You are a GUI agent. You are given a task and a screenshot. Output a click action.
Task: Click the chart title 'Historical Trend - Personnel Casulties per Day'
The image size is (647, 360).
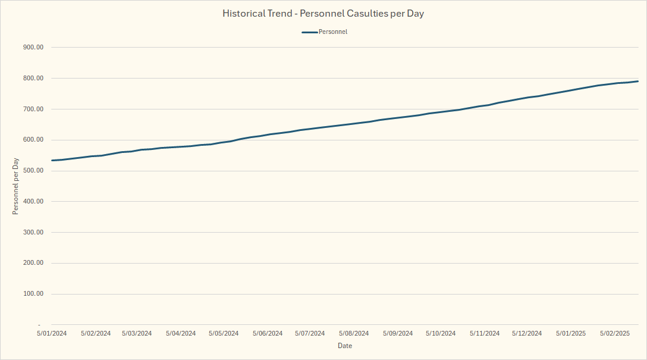point(323,13)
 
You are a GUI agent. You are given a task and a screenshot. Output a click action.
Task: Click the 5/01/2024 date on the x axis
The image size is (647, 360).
point(51,334)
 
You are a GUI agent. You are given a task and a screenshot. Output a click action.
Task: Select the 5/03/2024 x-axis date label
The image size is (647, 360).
point(137,334)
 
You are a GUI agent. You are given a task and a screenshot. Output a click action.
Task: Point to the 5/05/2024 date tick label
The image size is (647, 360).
point(224,334)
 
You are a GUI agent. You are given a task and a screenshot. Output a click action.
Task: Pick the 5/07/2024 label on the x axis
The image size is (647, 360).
point(310,334)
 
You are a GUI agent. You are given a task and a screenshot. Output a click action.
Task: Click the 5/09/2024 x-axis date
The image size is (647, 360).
point(398,334)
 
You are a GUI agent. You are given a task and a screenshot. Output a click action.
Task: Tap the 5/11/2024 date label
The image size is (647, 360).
point(485,334)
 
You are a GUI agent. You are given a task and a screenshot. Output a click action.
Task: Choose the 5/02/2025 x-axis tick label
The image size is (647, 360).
point(615,334)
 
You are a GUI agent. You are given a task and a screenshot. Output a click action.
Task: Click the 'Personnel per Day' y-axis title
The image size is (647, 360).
point(16,186)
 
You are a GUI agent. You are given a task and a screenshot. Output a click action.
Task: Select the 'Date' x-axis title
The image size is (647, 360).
point(345,346)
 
